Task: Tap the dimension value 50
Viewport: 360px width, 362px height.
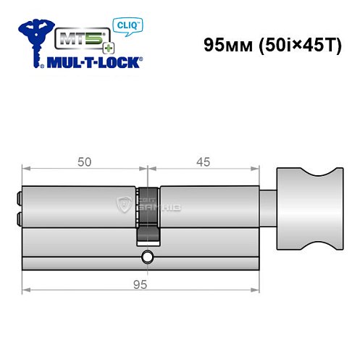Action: pyautogui.click(x=84, y=162)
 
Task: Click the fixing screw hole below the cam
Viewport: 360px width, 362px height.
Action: pyautogui.click(x=148, y=256)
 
